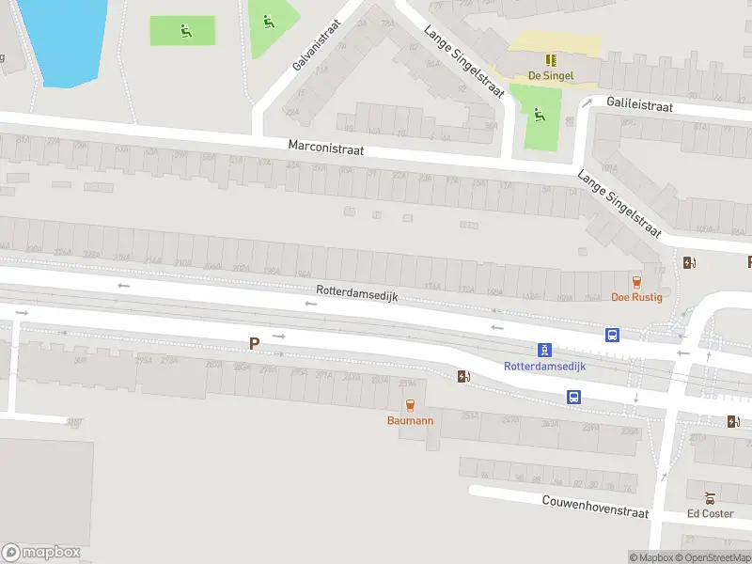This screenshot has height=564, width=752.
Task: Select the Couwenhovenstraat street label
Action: (x=595, y=507)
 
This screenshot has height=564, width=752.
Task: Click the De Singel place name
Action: (x=550, y=75)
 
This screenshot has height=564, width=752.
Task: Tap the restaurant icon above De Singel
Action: (x=551, y=59)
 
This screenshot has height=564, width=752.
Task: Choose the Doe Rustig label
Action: (x=636, y=297)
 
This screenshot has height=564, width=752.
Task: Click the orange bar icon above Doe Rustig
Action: (x=637, y=281)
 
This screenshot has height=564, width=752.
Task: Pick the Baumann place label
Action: (x=410, y=420)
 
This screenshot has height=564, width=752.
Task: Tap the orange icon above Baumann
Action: (x=410, y=404)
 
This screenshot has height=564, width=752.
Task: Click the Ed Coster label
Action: (x=710, y=513)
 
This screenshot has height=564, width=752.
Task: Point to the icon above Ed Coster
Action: (x=710, y=497)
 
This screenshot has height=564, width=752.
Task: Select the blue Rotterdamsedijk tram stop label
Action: (x=544, y=366)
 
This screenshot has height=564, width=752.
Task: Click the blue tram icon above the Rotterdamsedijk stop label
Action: (x=544, y=350)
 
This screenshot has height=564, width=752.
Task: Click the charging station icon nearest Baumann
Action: (x=462, y=376)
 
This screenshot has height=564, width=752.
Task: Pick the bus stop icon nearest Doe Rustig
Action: (x=612, y=334)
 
